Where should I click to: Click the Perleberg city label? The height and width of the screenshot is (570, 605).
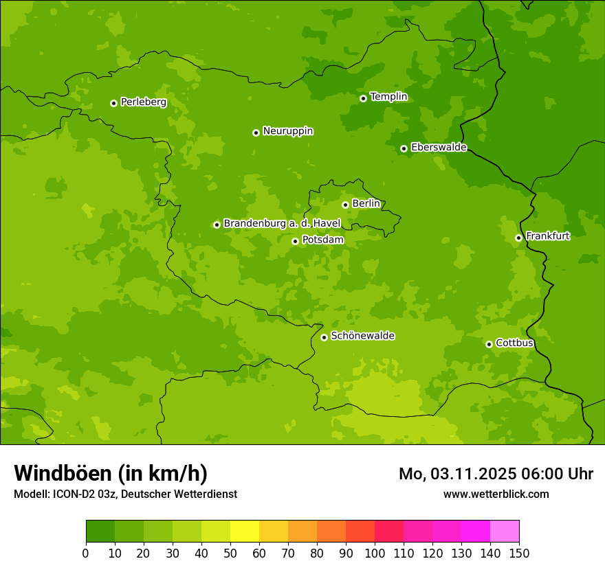[x=143, y=102]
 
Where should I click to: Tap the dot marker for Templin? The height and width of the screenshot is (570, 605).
[x=363, y=98]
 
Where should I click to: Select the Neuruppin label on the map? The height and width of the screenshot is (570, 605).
[x=287, y=131]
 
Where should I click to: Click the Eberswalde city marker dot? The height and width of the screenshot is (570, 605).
[x=404, y=148]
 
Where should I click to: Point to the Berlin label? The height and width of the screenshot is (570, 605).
[x=366, y=204]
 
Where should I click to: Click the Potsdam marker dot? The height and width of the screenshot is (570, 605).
[x=295, y=241]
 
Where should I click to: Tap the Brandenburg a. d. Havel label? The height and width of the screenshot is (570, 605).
[x=282, y=224]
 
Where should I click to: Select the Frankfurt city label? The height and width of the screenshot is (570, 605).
[x=547, y=236]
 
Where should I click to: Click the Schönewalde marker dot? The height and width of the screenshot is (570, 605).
[x=324, y=337]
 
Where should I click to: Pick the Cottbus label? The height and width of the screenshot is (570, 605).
[x=514, y=343]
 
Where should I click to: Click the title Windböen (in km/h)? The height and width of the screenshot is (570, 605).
[x=111, y=473]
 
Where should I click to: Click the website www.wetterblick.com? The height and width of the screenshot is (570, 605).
[x=496, y=494]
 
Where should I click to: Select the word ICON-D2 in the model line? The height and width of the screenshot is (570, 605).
[x=73, y=494]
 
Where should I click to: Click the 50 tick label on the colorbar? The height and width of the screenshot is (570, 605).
[x=230, y=553]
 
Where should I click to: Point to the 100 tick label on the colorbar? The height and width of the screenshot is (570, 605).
[x=375, y=553]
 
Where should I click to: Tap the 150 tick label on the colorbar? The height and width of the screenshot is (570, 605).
[x=519, y=553]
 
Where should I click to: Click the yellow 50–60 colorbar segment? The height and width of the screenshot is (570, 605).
[x=245, y=532]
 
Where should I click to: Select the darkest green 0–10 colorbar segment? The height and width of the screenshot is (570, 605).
[x=100, y=532]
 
